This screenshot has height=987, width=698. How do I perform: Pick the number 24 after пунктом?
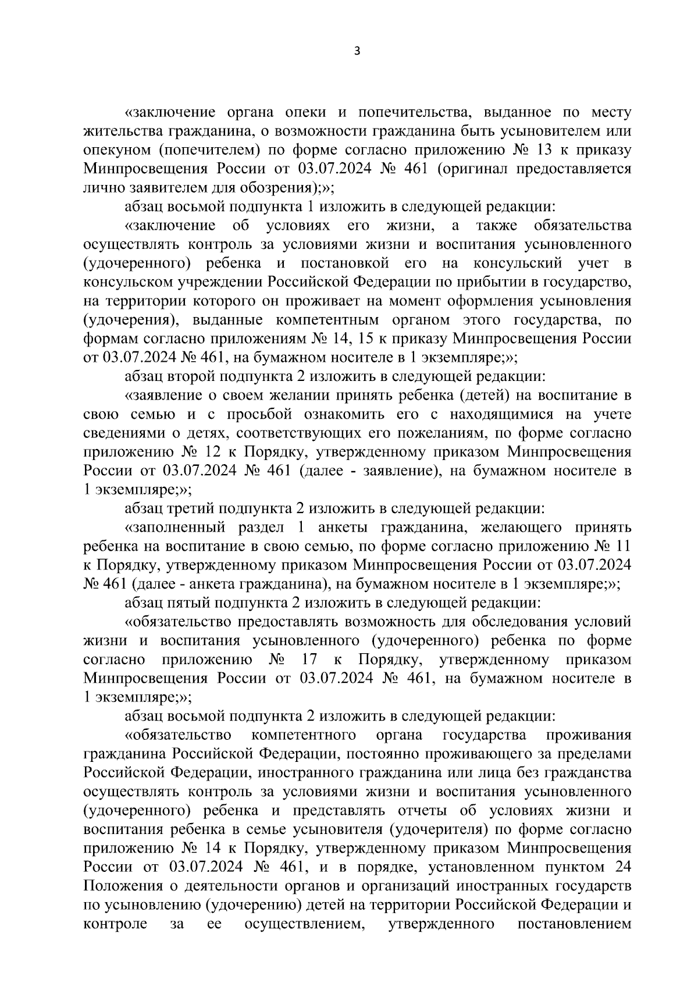point(622,867)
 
